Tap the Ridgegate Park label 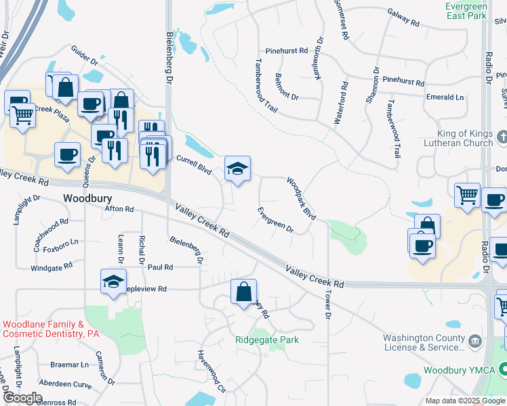tap(266, 340)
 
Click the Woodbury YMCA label tap(458, 370)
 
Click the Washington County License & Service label tap(424, 342)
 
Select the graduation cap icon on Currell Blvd tap(237, 169)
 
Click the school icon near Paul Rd tap(113, 282)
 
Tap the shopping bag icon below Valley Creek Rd tap(243, 292)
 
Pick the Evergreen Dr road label tap(275, 220)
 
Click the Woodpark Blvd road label tap(301, 198)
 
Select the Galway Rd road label tap(403, 17)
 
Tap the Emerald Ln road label tap(445, 97)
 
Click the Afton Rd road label tap(119, 209)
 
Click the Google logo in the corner tap(23, 398)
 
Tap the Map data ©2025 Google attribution tap(464, 401)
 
